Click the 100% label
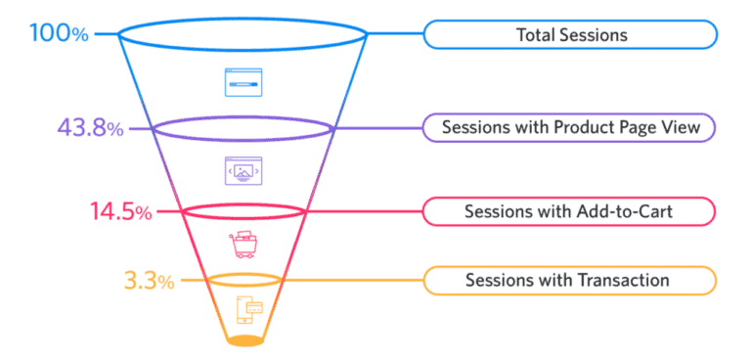pos(59,34)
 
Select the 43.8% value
pos(90,128)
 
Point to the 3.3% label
pos(149,282)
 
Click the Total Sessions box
pos(570,35)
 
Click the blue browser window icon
pos(243,82)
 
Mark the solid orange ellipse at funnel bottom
pos(244,340)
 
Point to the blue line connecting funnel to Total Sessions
pos(395,35)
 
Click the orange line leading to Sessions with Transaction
pos(352,281)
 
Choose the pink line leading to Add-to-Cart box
pos(364,210)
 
